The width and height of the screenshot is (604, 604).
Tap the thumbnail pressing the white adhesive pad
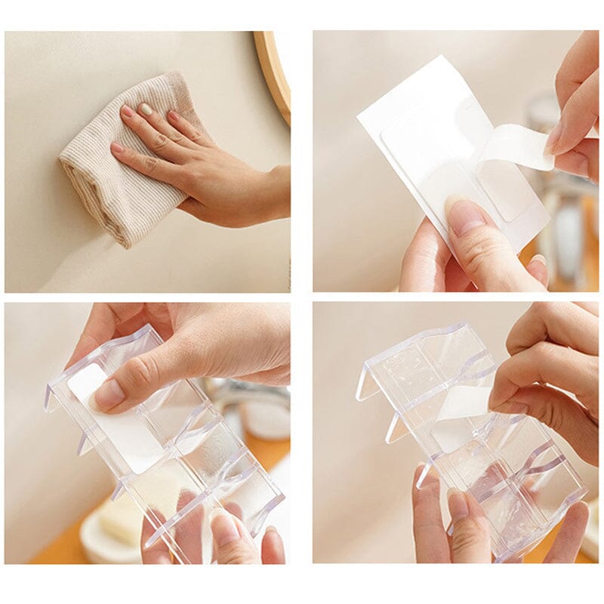(x=110, y=393)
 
